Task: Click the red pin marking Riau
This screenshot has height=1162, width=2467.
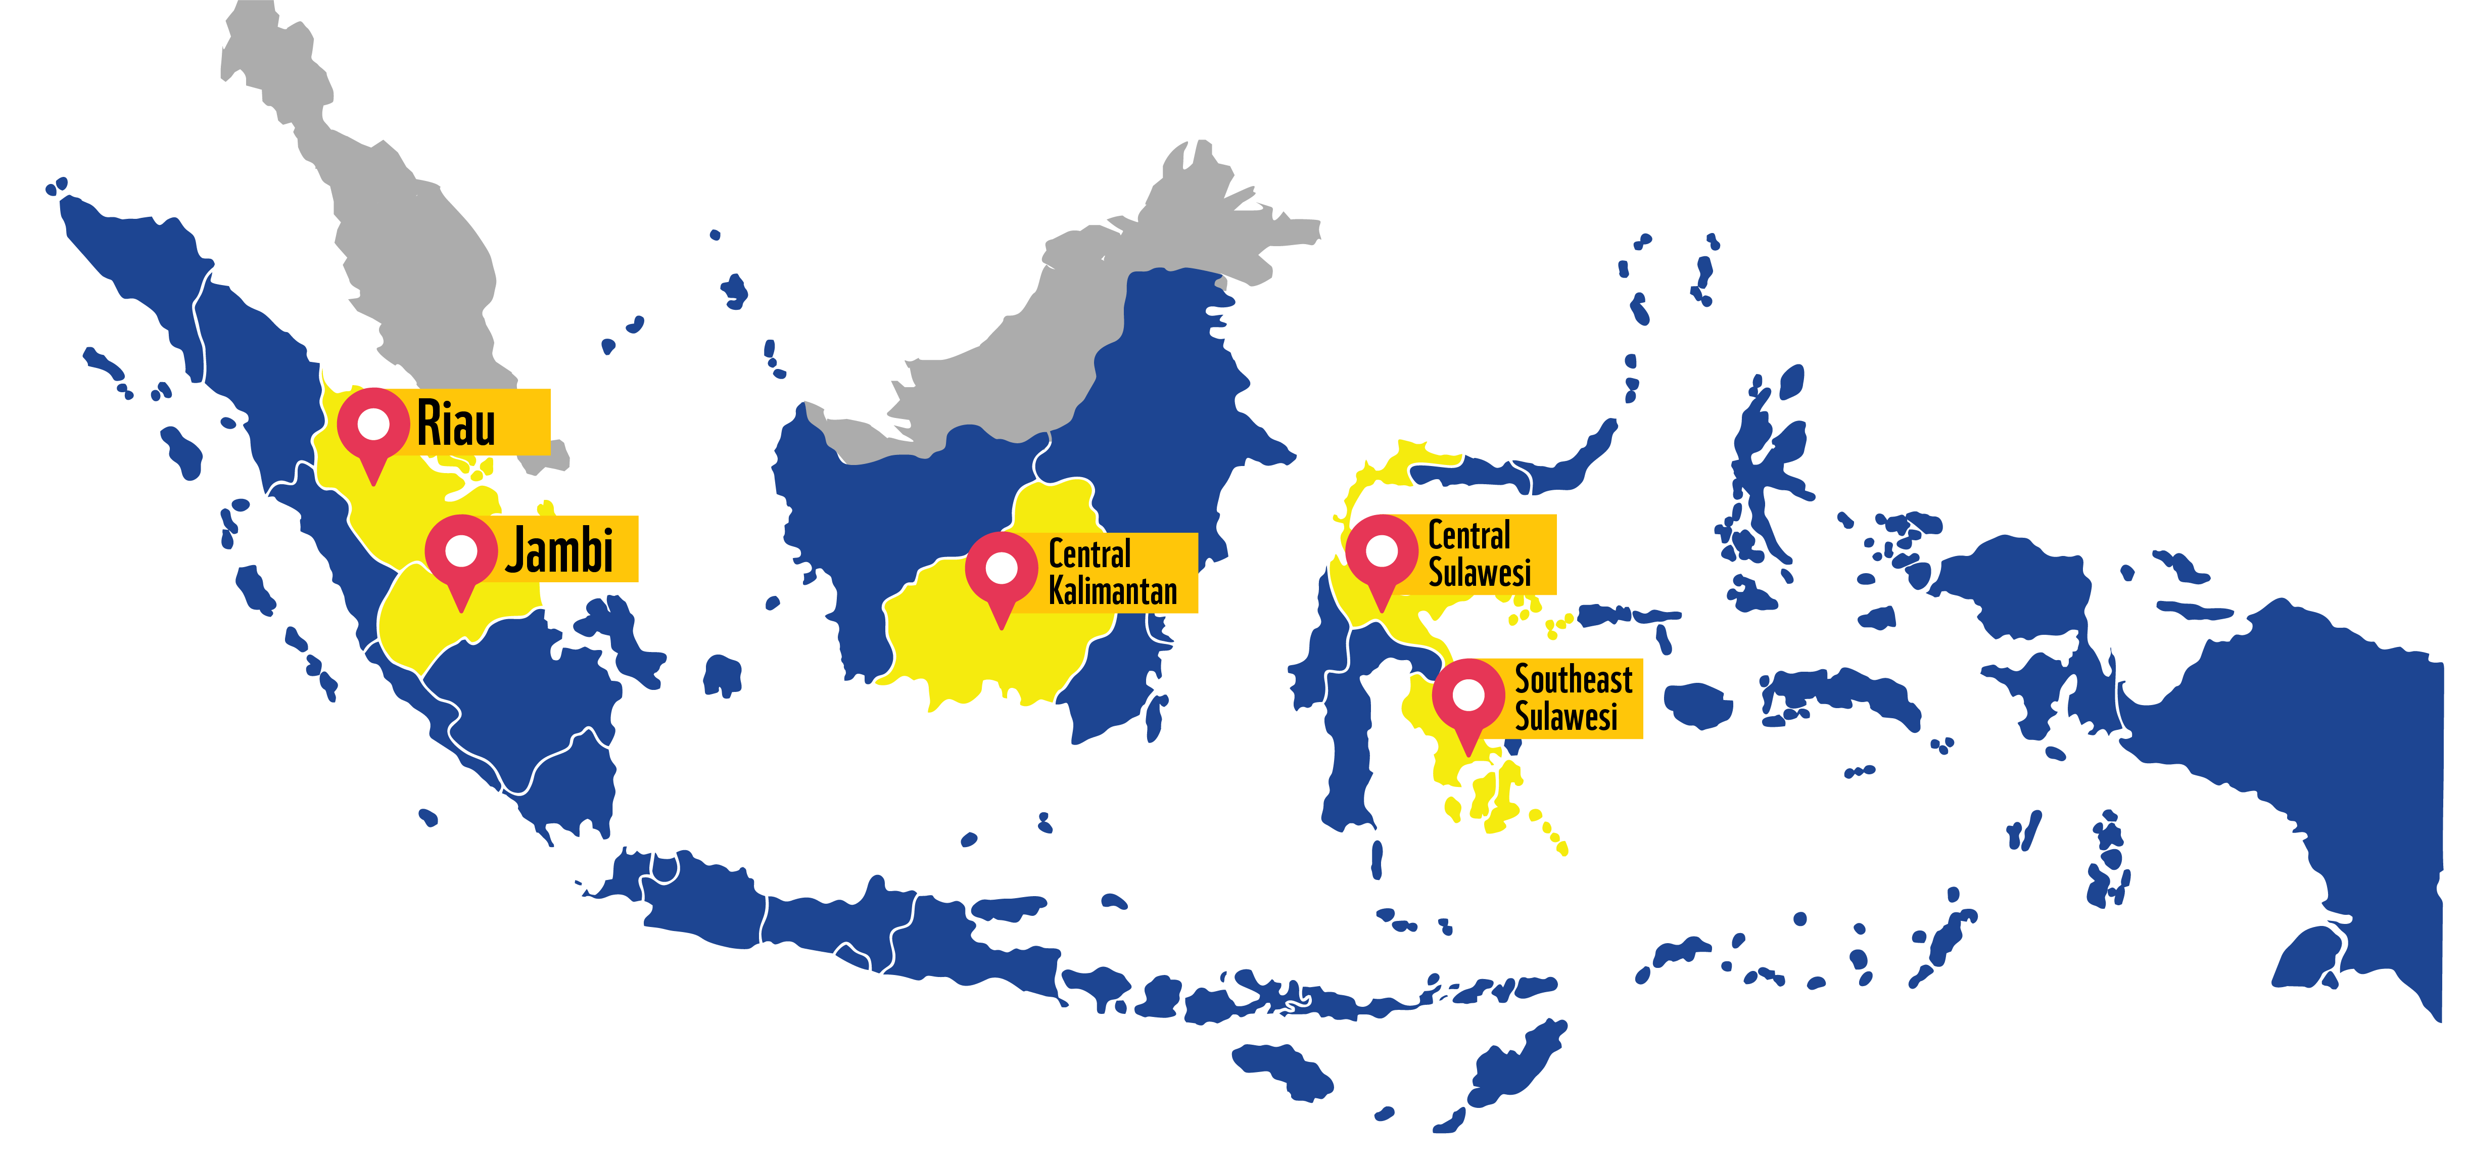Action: coord(372,431)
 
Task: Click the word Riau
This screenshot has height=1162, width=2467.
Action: coord(456,424)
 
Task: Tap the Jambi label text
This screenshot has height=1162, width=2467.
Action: coord(559,550)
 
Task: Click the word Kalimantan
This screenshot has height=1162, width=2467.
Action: coord(1112,591)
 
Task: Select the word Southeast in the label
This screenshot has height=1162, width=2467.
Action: coord(1573,679)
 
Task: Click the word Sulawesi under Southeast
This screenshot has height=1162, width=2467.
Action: coord(1566,717)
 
